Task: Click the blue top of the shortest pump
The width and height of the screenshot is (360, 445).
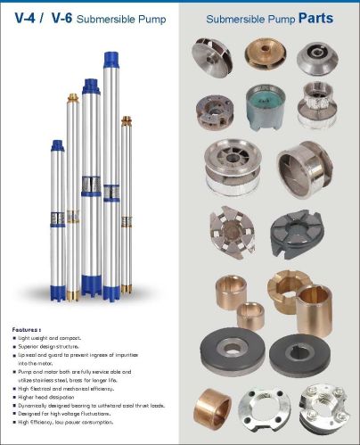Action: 57,145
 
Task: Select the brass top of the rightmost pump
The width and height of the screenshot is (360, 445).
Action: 127,119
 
